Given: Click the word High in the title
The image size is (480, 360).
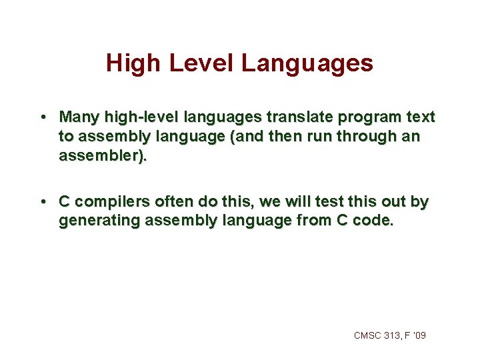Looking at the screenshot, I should click(x=134, y=63).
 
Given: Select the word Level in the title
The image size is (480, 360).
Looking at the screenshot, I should click(x=201, y=63).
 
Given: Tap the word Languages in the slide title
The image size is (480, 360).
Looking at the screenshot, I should click(x=307, y=63).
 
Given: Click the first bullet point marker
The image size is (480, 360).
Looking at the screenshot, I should click(x=42, y=117).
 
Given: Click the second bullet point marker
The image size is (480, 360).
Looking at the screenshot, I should click(x=42, y=201).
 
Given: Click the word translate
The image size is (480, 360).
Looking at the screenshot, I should click(x=298, y=117).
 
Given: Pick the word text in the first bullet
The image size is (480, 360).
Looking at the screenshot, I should click(x=420, y=117).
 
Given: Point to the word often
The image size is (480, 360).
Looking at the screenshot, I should click(x=175, y=201).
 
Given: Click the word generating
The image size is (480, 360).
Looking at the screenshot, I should click(x=97, y=221).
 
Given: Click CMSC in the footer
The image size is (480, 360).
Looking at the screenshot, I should click(x=368, y=335).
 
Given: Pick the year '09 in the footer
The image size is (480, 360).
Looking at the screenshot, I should click(x=419, y=335).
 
